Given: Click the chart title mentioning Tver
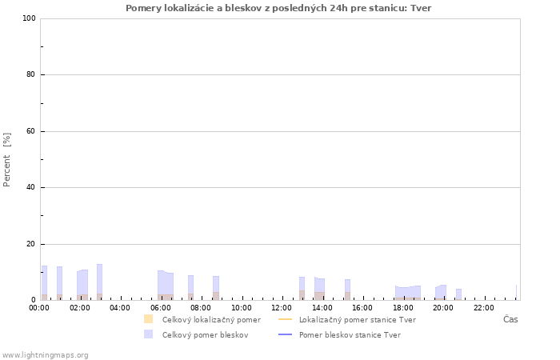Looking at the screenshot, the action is [278, 8].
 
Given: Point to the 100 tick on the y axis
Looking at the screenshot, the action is [29, 18].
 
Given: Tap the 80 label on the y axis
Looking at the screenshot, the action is [30, 74].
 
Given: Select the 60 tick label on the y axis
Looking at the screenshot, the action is [30, 131].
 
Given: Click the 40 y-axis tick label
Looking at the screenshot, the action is [30, 187].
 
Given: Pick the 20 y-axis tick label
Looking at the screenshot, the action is [30, 244].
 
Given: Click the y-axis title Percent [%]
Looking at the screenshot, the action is [6, 160].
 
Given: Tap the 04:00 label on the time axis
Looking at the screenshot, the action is [120, 307].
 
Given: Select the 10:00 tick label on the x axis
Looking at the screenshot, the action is [242, 307].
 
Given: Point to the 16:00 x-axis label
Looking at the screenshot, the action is [362, 307].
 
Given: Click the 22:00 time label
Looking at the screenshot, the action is [483, 307].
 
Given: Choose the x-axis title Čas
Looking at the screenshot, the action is [510, 319].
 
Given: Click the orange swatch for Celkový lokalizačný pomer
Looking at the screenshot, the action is [148, 319].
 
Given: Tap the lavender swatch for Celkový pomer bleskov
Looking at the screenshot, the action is [148, 334].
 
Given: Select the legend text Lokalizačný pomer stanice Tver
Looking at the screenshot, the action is [358, 320].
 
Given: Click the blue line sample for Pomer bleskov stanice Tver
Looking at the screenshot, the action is [285, 334].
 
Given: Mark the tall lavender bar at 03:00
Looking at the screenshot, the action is [100, 282].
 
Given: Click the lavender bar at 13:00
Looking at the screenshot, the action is [302, 288].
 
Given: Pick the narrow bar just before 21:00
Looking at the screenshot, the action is [459, 294].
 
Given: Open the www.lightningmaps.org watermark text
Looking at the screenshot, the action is [45, 355].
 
